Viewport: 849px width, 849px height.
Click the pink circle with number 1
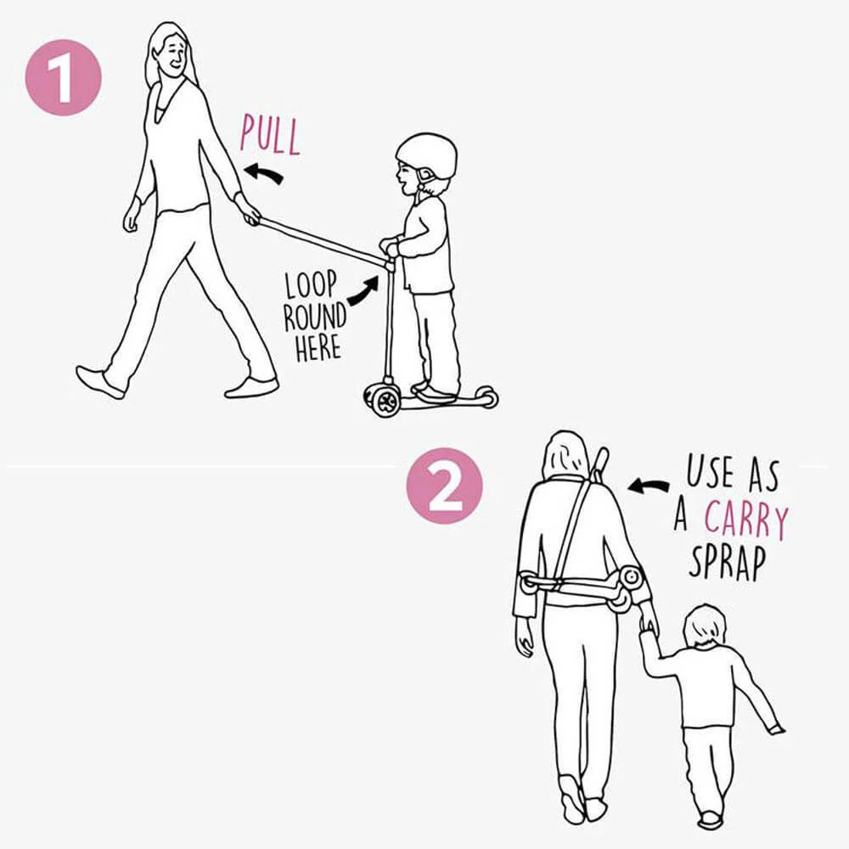[x=64, y=77]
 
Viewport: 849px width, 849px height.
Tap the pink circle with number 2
[x=445, y=486]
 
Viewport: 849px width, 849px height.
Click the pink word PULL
[x=270, y=135]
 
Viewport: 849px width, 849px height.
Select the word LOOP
[x=312, y=284]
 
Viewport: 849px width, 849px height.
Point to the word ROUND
[x=315, y=317]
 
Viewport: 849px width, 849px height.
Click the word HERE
[x=318, y=347]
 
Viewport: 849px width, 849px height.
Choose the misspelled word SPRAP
[x=728, y=562]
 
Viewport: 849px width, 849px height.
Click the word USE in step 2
[x=711, y=471]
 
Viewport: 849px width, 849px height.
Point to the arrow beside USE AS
[x=648, y=486]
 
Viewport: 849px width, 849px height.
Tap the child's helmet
[x=426, y=155]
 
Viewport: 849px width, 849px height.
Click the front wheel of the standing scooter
[x=385, y=401]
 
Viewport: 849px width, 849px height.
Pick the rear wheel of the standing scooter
[x=487, y=398]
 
